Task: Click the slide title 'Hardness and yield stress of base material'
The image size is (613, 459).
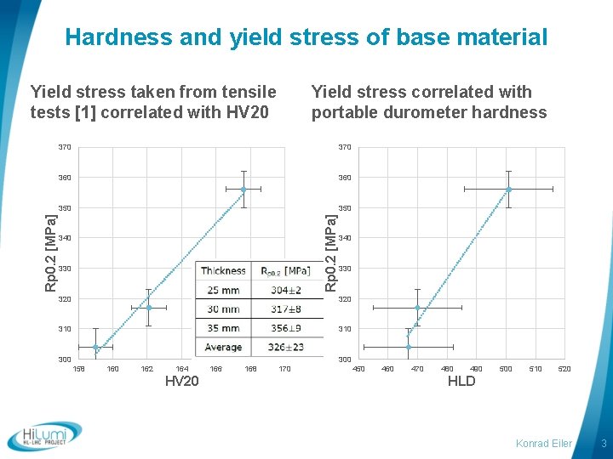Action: click(306, 37)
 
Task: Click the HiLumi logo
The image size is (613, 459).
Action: click(44, 435)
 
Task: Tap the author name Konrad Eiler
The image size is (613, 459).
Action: click(544, 444)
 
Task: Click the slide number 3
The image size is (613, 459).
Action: click(603, 444)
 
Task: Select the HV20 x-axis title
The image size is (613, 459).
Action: click(181, 382)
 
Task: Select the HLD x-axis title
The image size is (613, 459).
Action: click(461, 382)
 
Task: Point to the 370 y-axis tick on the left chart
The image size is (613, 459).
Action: click(65, 148)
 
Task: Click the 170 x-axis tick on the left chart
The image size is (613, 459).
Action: click(284, 369)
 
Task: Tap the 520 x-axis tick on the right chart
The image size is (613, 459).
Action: click(564, 369)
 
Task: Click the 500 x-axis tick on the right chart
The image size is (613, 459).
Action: click(506, 369)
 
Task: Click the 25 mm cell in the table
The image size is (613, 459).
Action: click(223, 290)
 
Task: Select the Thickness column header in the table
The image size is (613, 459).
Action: click(223, 271)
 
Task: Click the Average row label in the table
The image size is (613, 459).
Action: click(223, 347)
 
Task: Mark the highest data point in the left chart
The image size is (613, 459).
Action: click(243, 189)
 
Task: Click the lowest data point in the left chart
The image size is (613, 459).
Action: click(95, 347)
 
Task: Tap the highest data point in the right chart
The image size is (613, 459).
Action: click(508, 189)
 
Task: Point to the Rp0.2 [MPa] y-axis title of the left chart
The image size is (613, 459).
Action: click(51, 251)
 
